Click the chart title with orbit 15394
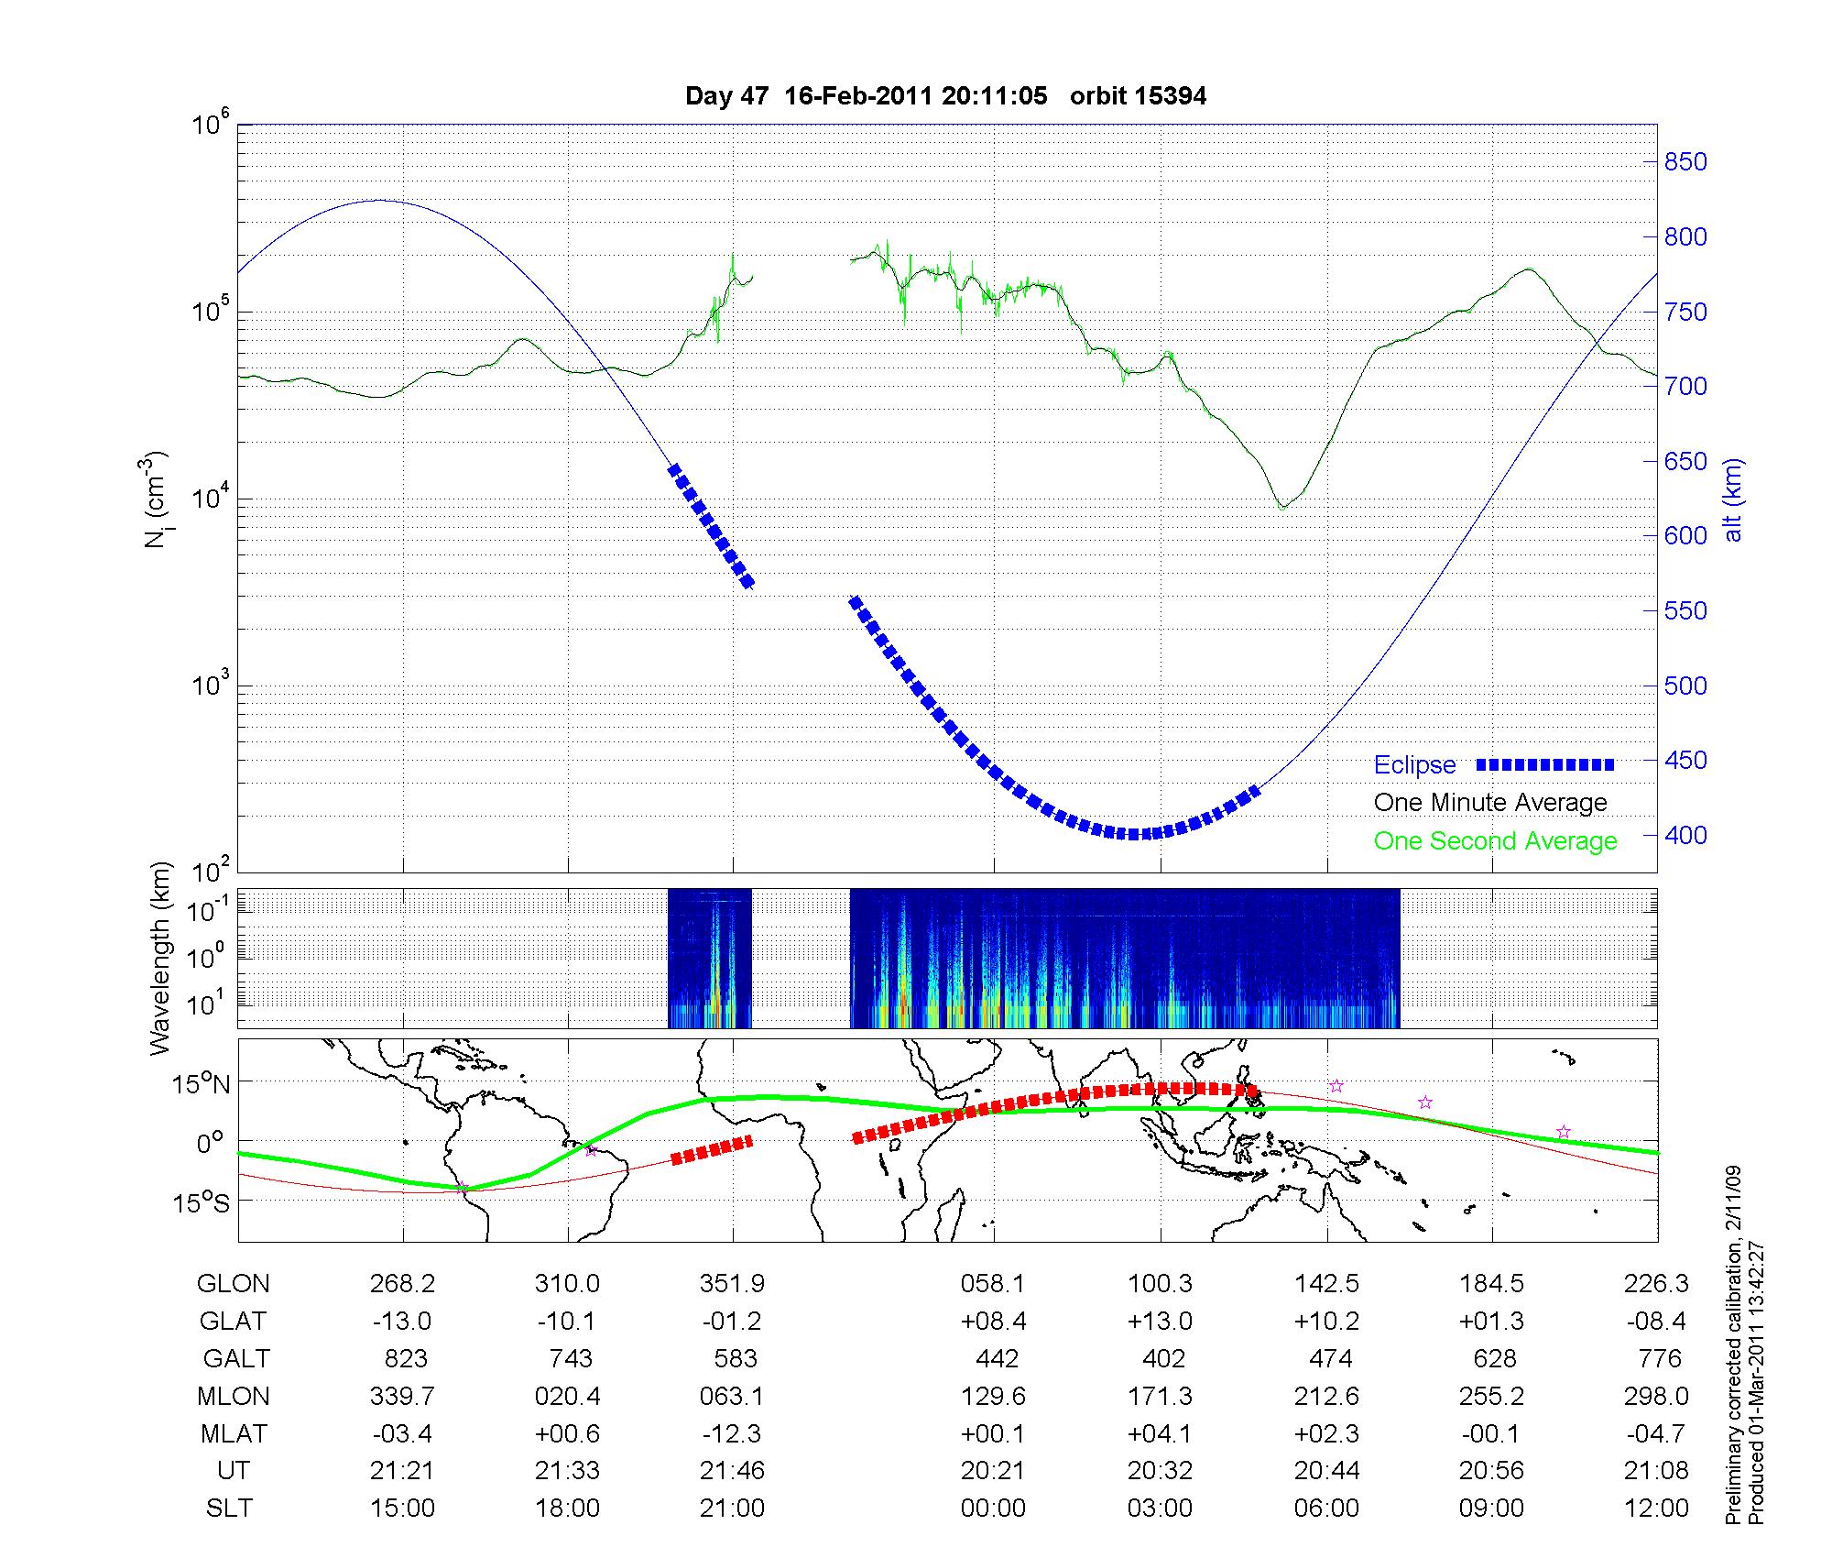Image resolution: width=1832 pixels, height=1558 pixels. coord(945,95)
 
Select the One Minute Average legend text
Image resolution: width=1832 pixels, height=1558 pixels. coord(1490,803)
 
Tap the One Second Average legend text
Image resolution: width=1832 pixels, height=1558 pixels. coord(1495,841)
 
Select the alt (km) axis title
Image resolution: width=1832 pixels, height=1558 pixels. coord(1734,499)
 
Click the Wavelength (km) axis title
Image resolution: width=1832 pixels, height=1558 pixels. coord(161,958)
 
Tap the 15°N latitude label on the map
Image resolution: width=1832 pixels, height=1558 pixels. coord(201,1085)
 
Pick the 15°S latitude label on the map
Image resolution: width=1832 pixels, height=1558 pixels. coord(201,1202)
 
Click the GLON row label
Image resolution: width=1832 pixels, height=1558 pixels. coord(233,1284)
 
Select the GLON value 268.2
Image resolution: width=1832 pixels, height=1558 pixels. coord(402,1284)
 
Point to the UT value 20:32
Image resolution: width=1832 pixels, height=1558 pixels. coord(1160,1471)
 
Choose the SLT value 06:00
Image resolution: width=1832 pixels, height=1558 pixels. coord(1326,1509)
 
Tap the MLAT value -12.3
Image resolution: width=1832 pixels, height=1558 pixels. coord(732,1433)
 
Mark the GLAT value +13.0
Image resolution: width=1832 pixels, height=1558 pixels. coord(1160,1322)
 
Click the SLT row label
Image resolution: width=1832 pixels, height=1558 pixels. coord(229,1509)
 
